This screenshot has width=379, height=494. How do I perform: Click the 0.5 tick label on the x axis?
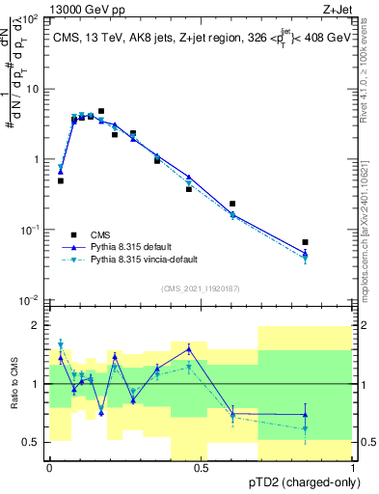(x=201, y=468)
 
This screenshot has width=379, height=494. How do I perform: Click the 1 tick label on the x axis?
(x=353, y=468)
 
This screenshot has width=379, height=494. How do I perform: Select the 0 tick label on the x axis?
(x=49, y=468)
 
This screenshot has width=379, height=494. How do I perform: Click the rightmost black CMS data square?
(x=305, y=242)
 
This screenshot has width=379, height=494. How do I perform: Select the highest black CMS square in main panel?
(x=101, y=112)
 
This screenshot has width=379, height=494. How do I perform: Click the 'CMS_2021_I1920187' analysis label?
(x=201, y=288)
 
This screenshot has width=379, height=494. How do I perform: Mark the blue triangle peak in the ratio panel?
(x=189, y=348)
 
